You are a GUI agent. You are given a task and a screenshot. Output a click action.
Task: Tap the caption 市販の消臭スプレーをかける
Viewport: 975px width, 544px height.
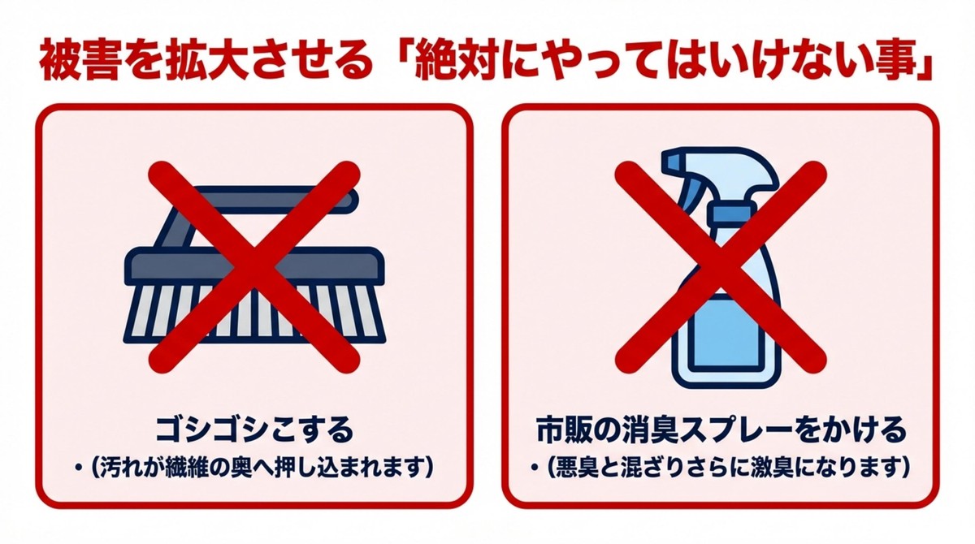[x=721, y=428]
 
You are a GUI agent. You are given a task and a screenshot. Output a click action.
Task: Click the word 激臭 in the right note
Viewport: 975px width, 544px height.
[x=804, y=468]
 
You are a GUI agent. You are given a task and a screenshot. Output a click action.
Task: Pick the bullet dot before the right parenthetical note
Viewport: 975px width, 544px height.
[x=536, y=469]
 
